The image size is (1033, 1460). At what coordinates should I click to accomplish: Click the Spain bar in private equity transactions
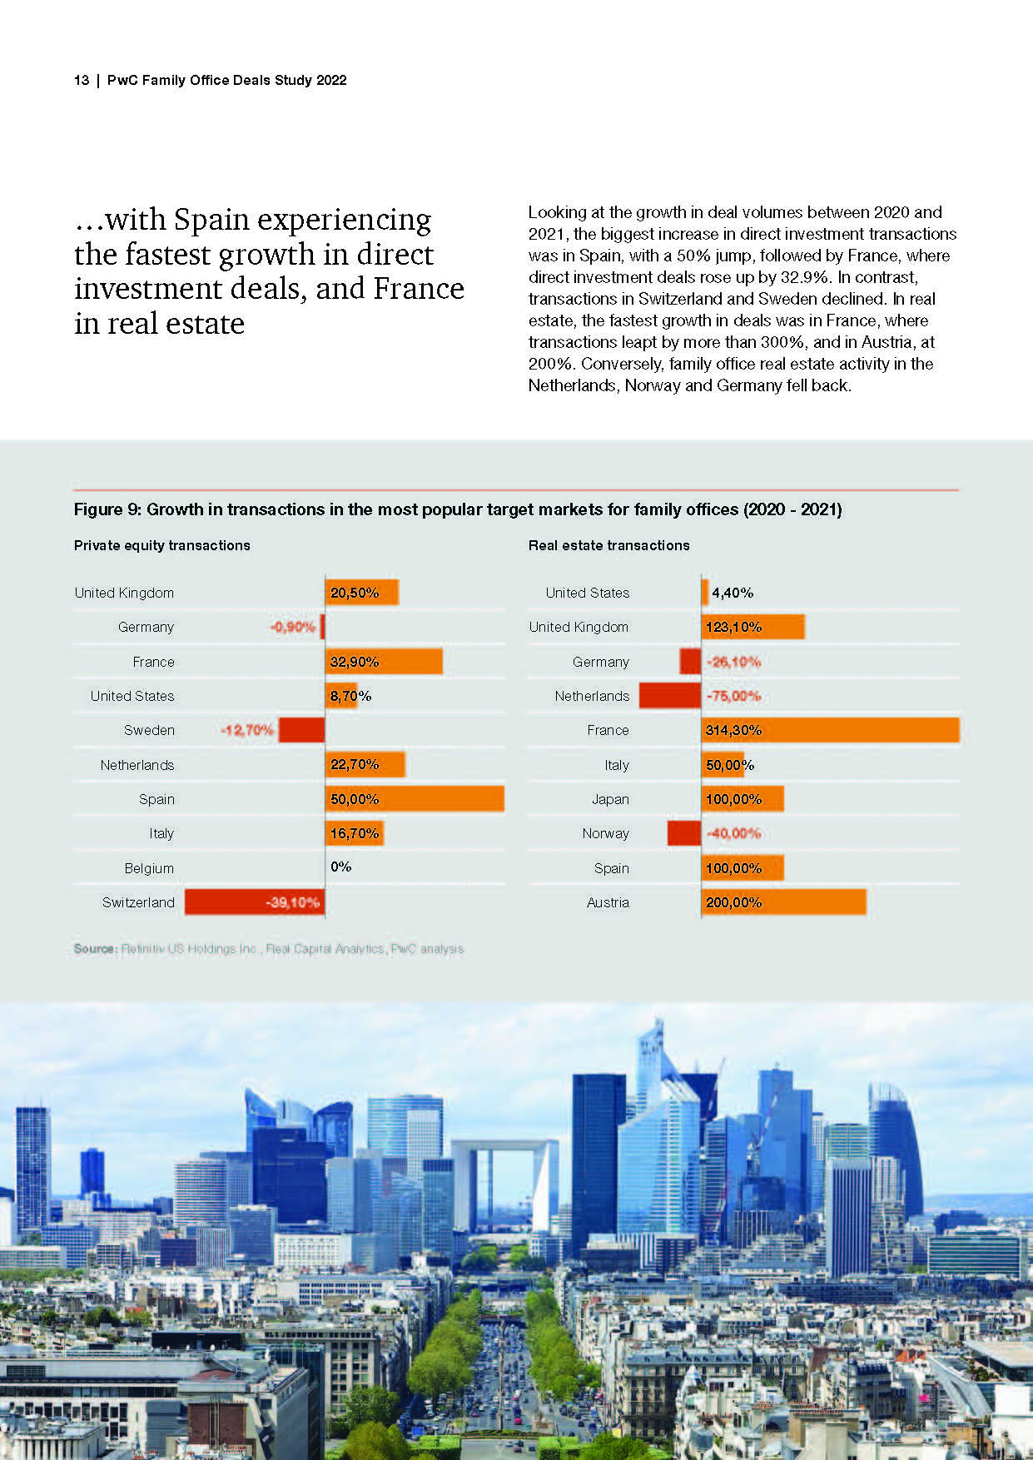(x=415, y=798)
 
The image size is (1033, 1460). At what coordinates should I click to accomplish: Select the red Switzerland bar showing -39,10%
(x=254, y=902)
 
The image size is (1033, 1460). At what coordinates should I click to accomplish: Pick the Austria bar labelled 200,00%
(x=783, y=902)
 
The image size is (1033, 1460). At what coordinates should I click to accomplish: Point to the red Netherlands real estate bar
(x=670, y=696)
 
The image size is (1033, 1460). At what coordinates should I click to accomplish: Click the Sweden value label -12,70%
(x=246, y=730)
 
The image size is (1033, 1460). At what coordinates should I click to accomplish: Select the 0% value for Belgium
(x=340, y=867)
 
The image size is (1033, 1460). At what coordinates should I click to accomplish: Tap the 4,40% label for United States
(x=733, y=593)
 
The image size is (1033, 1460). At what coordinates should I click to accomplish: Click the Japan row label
(x=610, y=799)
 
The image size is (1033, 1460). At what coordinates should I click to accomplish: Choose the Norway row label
(x=605, y=833)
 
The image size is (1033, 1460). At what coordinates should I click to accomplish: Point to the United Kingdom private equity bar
(x=362, y=593)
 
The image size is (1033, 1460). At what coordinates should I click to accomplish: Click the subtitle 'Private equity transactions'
(x=161, y=545)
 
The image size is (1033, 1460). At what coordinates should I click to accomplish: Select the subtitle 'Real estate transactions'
(x=608, y=545)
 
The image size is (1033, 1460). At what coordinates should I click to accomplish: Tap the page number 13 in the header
(x=82, y=80)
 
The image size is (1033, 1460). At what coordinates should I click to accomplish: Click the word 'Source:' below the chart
(x=95, y=949)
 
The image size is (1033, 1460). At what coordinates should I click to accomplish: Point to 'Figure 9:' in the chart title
(x=107, y=509)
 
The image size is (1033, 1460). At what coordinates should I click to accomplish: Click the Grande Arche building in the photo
(x=504, y=1182)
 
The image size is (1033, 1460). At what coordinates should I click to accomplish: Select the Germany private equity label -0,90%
(x=293, y=627)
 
